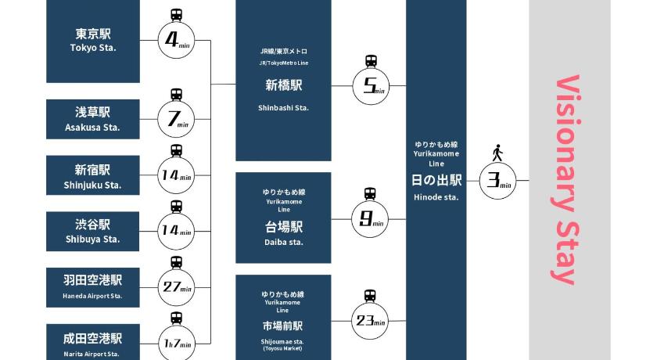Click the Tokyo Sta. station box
(x=93, y=41)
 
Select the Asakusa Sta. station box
(x=93, y=119)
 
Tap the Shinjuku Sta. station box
(x=93, y=176)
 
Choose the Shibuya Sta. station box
(x=93, y=231)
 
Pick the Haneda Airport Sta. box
(x=93, y=286)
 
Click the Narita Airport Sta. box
(x=93, y=343)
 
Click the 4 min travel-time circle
(x=176, y=41)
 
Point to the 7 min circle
(x=176, y=119)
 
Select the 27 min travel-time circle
(x=176, y=287)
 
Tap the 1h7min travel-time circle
(x=176, y=342)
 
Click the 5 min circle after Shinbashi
(x=372, y=86)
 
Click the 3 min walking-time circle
(x=497, y=180)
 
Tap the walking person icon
(x=497, y=151)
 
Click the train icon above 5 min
(x=372, y=61)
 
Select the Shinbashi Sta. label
(x=283, y=108)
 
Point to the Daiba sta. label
(x=283, y=243)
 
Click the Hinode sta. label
(x=436, y=197)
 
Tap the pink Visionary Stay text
(x=568, y=180)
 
